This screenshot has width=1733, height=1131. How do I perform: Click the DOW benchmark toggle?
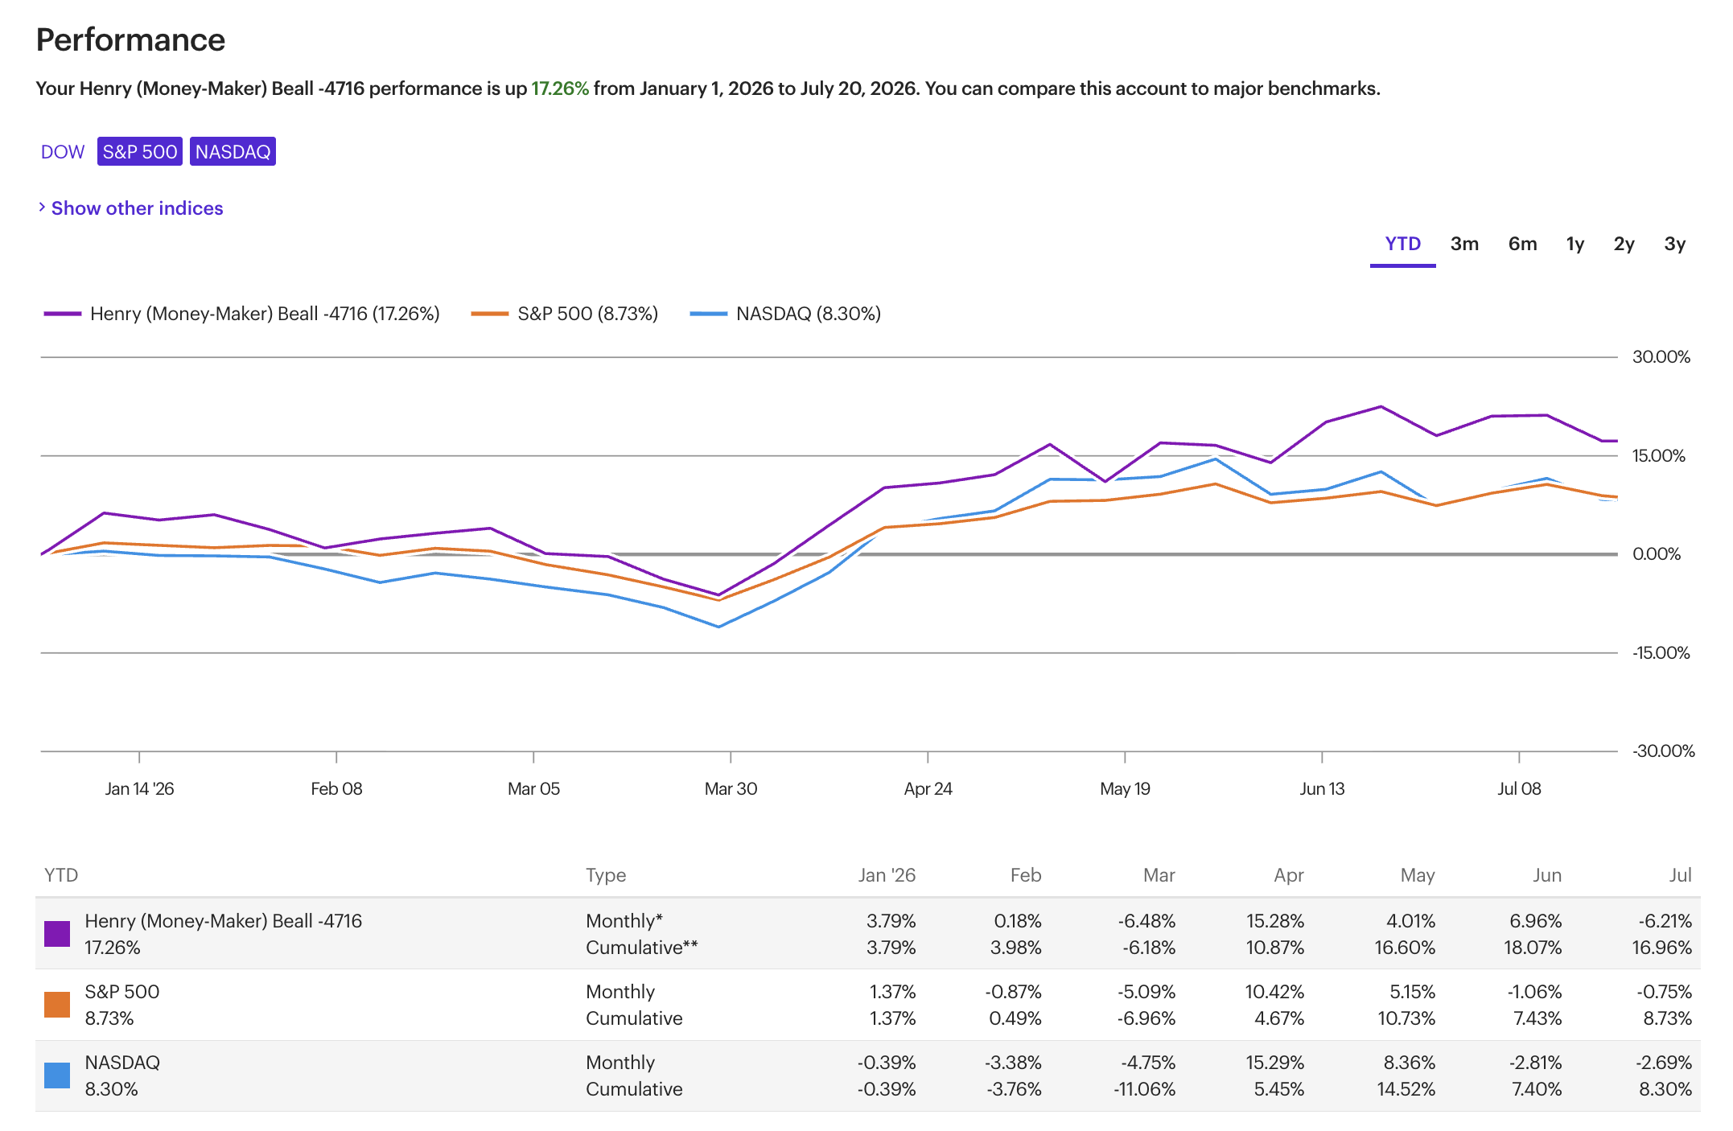(63, 152)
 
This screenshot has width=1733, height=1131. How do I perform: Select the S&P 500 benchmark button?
(140, 152)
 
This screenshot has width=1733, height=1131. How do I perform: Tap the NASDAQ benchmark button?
(233, 152)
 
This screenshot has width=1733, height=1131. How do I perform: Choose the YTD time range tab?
(1403, 244)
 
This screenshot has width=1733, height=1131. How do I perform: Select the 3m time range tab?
(1464, 244)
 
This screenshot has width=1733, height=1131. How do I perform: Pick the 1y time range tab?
(1575, 244)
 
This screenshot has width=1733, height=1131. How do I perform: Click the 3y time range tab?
(1675, 244)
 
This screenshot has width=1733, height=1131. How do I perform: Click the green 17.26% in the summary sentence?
(560, 88)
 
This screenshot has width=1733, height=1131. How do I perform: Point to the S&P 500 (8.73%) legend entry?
(565, 314)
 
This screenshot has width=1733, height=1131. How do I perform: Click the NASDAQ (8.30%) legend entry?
(785, 314)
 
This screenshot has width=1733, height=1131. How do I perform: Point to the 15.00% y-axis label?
(1658, 456)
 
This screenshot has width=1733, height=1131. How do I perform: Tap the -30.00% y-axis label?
(1663, 751)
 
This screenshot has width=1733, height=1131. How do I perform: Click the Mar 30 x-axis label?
(731, 789)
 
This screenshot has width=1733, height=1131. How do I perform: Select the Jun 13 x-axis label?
(1322, 789)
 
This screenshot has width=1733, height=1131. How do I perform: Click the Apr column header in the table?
(1289, 875)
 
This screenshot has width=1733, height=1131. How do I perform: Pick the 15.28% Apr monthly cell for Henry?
(1275, 921)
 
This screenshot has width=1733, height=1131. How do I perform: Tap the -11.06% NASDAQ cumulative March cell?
(1144, 1089)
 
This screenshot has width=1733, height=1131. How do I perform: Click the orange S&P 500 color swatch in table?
(57, 1005)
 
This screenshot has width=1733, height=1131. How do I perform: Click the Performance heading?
(130, 40)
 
